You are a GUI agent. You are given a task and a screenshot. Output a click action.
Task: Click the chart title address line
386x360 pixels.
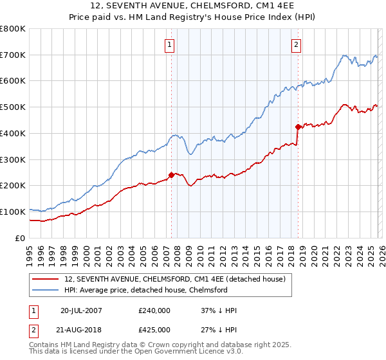pyautogui.click(x=192, y=6)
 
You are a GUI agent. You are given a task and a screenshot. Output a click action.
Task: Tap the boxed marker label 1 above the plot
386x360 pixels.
pyautogui.click(x=169, y=45)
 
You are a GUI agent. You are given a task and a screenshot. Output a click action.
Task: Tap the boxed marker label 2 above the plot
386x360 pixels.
pyautogui.click(x=296, y=45)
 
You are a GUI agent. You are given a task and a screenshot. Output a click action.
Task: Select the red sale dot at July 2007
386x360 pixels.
pyautogui.click(x=171, y=174)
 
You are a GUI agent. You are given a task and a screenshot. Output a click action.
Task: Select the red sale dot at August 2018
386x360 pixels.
pyautogui.click(x=298, y=127)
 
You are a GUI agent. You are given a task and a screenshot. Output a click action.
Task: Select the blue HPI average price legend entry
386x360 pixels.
pyautogui.click(x=146, y=291)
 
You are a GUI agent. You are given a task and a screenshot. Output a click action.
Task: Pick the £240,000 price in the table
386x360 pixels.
pyautogui.click(x=154, y=310)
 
